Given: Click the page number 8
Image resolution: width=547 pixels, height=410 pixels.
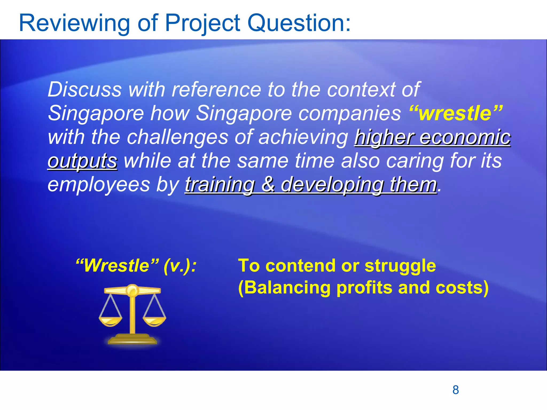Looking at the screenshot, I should click(456, 390).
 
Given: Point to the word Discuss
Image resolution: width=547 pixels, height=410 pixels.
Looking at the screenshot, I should click(85, 89).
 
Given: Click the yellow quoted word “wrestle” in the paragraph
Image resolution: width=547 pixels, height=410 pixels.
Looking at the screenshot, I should click(456, 113).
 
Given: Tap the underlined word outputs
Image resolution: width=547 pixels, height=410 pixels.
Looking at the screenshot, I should click(82, 161).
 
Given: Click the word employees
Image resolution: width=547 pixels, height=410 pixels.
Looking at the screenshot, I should click(99, 185).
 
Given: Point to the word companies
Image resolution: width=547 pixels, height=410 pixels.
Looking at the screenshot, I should click(349, 113).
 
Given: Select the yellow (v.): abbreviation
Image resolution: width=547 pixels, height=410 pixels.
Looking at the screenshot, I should click(180, 266).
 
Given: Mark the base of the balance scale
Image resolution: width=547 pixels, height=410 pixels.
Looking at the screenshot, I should click(132, 340).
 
